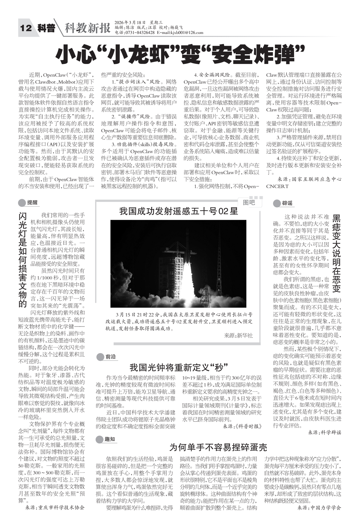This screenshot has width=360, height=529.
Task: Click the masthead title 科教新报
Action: point(87,28)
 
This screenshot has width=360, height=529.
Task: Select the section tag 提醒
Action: point(32,203)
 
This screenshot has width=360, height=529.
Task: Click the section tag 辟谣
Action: point(287,203)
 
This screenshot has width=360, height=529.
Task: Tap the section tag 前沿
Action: point(110,357)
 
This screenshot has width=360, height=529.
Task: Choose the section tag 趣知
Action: point(110,439)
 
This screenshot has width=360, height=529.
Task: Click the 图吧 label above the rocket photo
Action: point(249,202)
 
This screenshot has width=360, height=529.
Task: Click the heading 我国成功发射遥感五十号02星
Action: point(179,211)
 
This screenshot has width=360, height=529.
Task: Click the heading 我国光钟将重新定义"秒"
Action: point(179,367)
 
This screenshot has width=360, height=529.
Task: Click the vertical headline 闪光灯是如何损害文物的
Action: point(23,260)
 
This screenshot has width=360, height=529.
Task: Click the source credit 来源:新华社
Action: point(238,335)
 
